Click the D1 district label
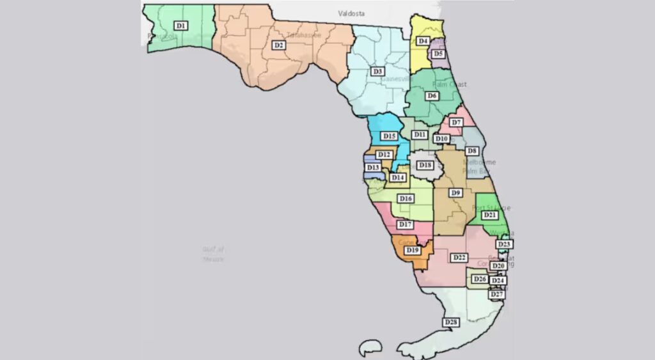(181, 25)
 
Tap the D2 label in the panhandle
(278, 45)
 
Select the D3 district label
(378, 71)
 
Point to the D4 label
(423, 41)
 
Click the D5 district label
(438, 54)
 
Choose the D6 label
(432, 95)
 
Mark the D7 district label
(456, 122)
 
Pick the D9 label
(456, 192)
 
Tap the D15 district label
(389, 136)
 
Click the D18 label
(425, 166)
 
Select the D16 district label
(406, 199)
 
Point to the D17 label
(404, 224)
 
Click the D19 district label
(413, 250)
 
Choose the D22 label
(459, 258)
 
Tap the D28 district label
(451, 322)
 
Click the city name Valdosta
(352, 13)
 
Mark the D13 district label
(374, 168)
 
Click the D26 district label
(480, 279)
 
